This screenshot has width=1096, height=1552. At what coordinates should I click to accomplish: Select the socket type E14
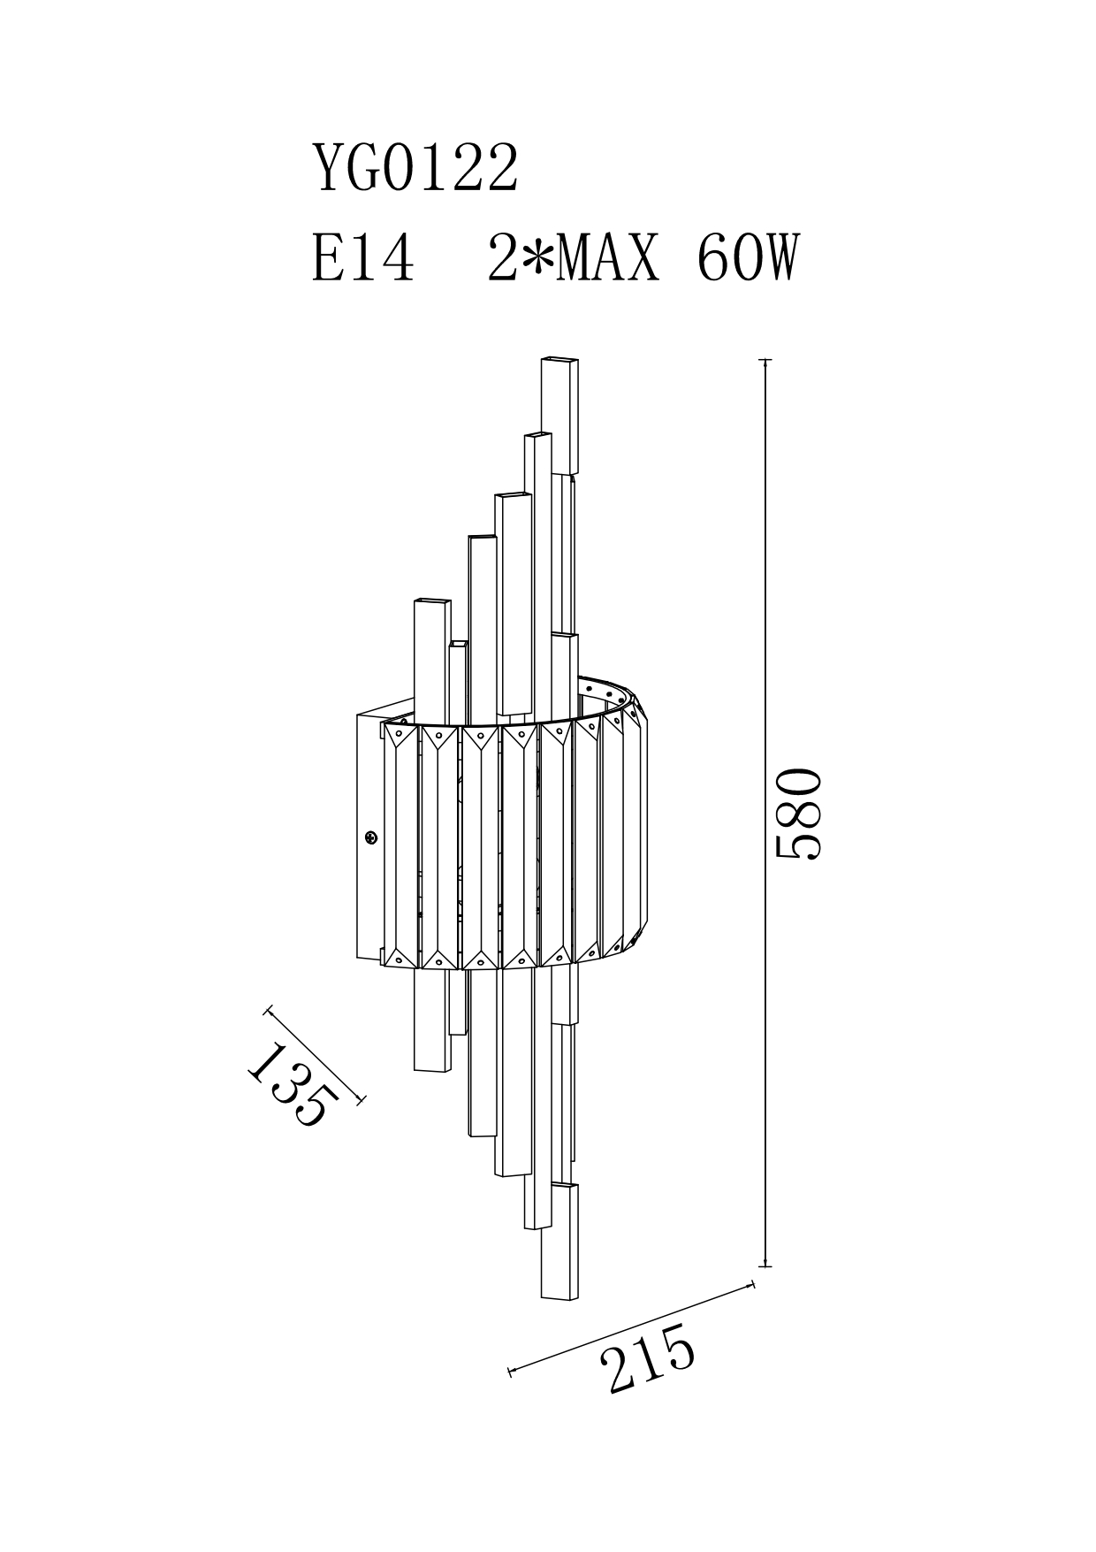[363, 258]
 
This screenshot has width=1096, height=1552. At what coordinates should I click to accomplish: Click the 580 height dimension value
[798, 814]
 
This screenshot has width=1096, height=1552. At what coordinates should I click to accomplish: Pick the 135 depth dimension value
[293, 1083]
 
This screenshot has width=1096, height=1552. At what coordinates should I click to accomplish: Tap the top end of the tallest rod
[559, 360]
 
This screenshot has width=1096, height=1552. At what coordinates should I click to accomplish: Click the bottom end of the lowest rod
[559, 1297]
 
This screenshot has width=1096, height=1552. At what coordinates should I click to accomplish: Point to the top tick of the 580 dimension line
[765, 361]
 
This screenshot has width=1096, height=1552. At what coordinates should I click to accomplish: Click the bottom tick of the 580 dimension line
[765, 1266]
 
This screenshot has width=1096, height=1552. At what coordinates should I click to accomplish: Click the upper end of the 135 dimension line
[268, 1008]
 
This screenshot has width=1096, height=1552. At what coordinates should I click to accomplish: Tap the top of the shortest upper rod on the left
[458, 646]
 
